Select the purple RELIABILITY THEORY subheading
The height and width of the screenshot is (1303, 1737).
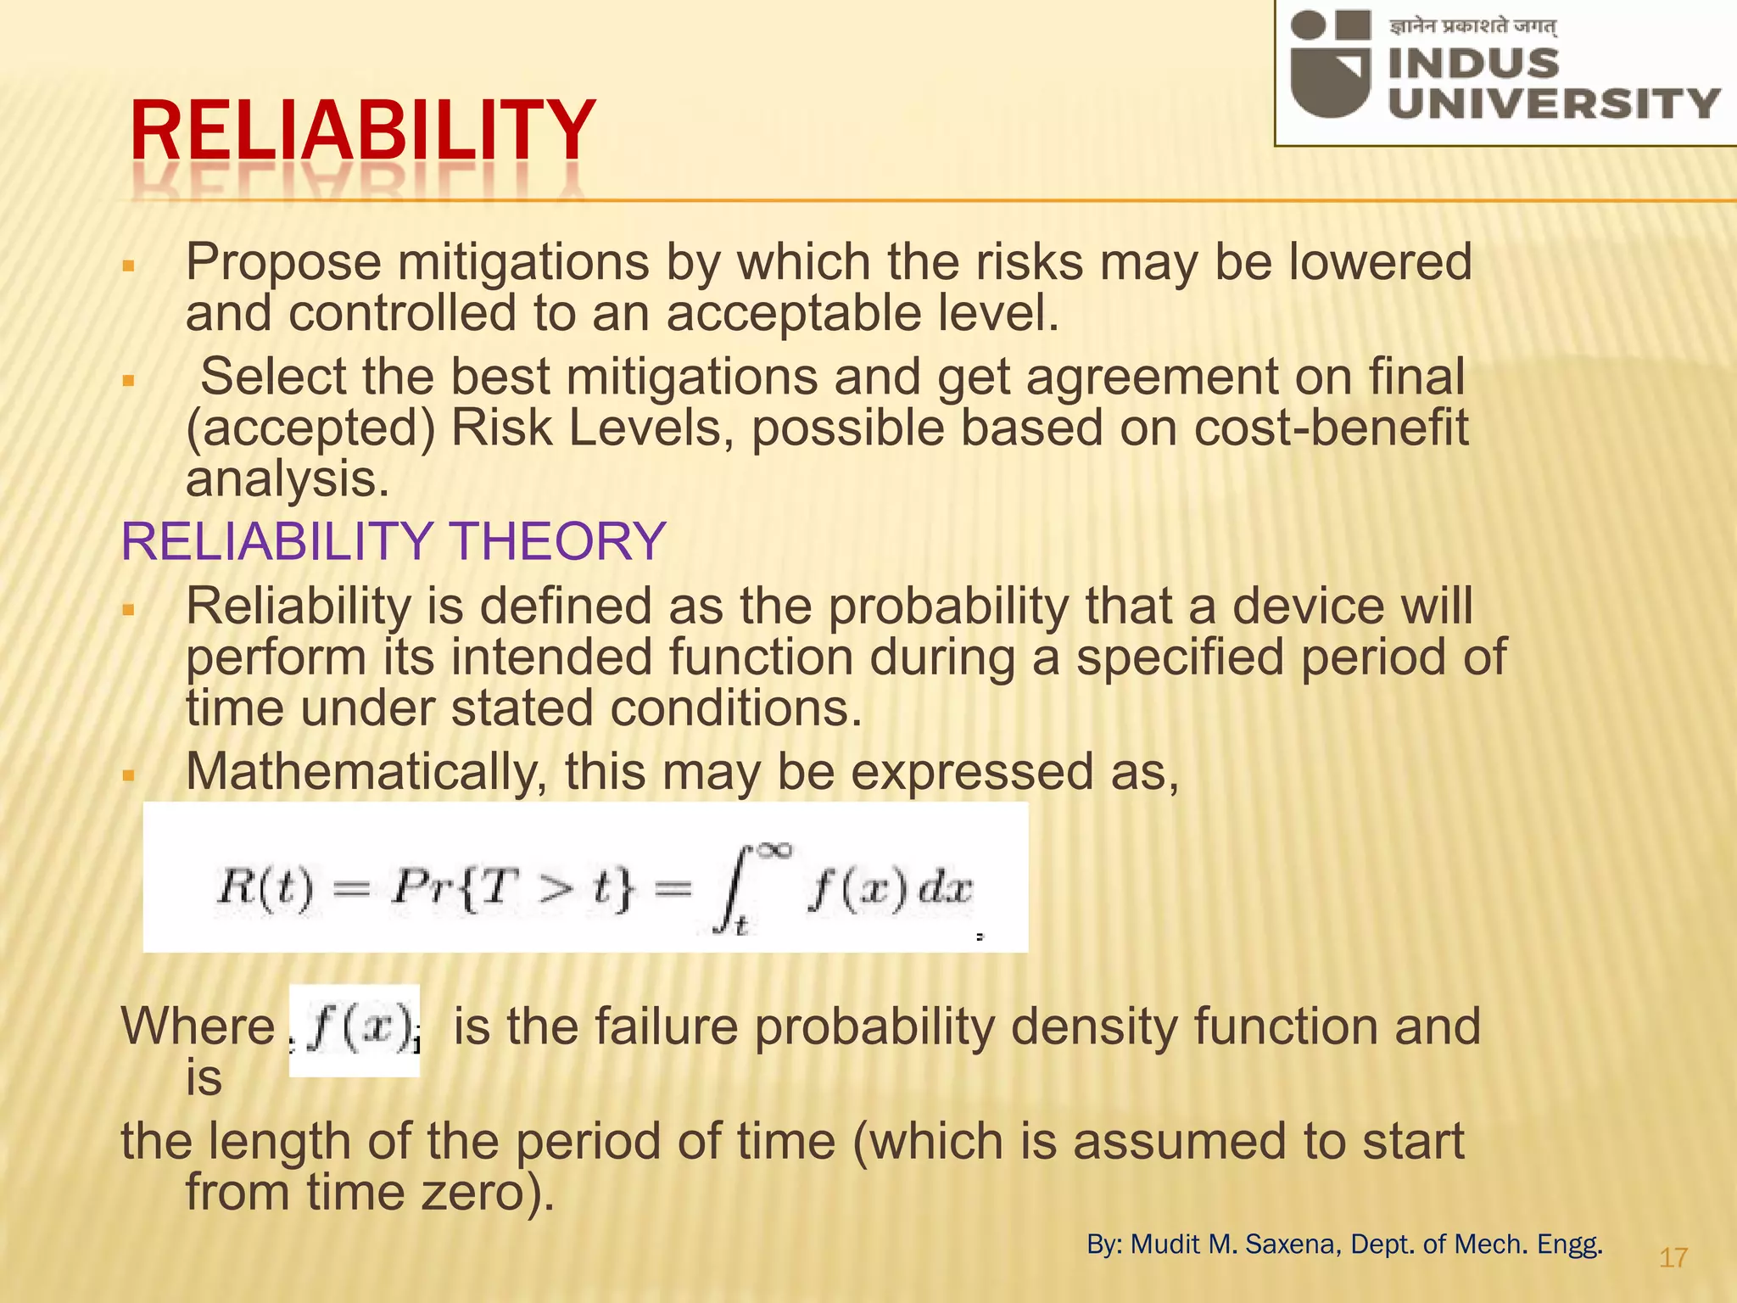[393, 541]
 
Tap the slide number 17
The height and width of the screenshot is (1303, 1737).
[1673, 1257]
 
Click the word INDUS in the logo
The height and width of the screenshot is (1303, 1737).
[1473, 64]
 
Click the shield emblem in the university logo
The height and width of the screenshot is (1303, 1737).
[1330, 64]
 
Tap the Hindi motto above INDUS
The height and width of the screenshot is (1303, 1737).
[1472, 26]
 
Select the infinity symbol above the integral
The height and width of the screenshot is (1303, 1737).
[775, 850]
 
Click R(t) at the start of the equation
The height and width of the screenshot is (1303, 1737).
[265, 888]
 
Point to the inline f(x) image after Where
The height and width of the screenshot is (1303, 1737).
[355, 1030]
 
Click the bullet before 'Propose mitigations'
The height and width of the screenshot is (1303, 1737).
[129, 266]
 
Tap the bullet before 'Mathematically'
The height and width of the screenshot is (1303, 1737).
[129, 775]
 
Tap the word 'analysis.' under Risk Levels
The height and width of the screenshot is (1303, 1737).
[288, 480]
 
